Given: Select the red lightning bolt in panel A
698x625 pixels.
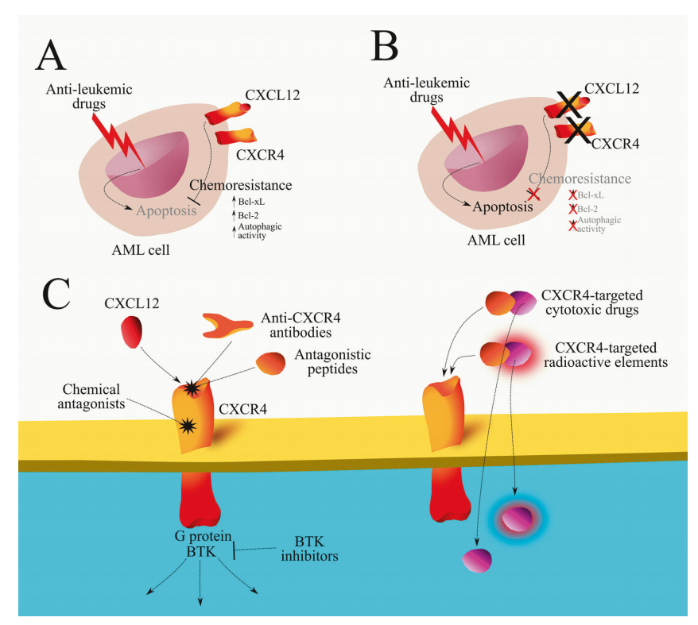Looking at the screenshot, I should point(120,141).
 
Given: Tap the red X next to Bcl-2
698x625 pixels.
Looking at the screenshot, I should point(572,209).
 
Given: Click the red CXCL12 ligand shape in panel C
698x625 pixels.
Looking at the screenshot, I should point(134,330).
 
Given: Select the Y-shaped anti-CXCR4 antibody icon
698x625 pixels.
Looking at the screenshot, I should point(231,323).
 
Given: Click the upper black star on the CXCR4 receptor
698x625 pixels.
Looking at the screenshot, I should point(192,388).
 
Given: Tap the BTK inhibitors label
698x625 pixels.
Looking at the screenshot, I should point(310,549).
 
